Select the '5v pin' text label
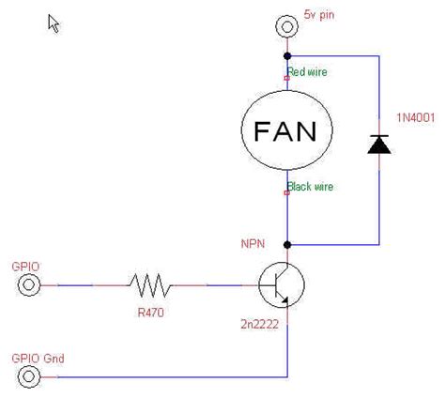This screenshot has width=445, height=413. (319, 16)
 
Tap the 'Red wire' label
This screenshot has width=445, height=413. (308, 71)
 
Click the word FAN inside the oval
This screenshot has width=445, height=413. (286, 130)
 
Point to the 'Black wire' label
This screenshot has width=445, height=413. (311, 187)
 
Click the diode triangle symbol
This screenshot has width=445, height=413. (378, 144)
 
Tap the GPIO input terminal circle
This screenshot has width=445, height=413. (30, 284)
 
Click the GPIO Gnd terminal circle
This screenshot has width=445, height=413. (30, 376)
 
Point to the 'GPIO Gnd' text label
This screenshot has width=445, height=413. (38, 358)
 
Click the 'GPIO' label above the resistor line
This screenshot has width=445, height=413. (25, 266)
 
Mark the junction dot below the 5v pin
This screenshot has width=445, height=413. (286, 56)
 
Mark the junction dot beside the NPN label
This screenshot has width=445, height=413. (286, 244)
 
